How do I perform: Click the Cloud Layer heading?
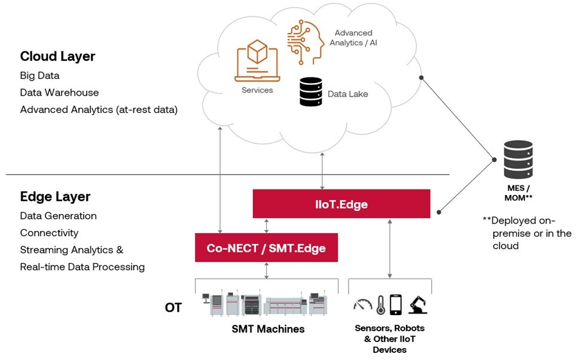coord(58,56)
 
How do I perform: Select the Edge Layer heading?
coord(55,197)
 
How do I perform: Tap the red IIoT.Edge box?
coord(341,204)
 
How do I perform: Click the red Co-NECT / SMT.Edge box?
coord(266,248)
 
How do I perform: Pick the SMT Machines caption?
coord(268,329)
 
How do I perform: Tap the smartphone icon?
coord(396,304)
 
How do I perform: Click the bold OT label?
coord(173,309)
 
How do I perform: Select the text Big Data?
coord(39,76)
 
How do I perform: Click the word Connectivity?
coord(49,233)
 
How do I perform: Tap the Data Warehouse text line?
coord(59,93)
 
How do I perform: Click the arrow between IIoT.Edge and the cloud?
coord(323,171)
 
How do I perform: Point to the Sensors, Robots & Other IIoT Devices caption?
coord(389,339)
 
